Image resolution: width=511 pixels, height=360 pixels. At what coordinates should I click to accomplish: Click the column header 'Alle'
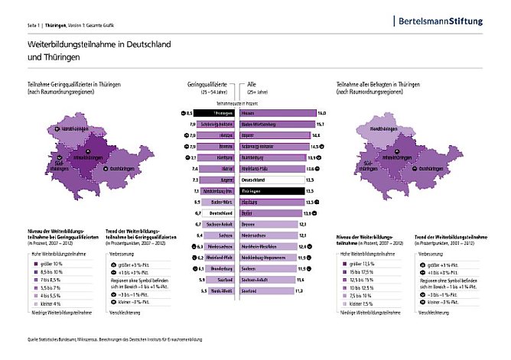pyautogui.click(x=252, y=83)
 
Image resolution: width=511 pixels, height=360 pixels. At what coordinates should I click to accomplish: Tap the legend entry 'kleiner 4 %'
pyautogui.click(x=51, y=303)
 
